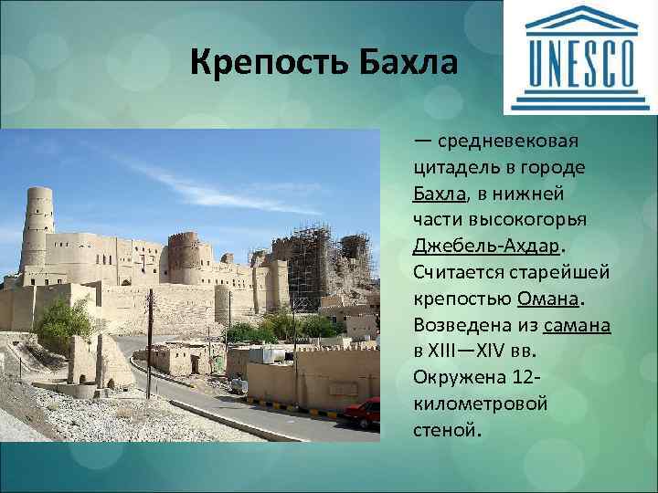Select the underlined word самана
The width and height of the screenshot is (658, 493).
(x=576, y=325)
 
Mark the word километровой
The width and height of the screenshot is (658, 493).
(x=480, y=404)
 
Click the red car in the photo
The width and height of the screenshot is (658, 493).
(x=364, y=413)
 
